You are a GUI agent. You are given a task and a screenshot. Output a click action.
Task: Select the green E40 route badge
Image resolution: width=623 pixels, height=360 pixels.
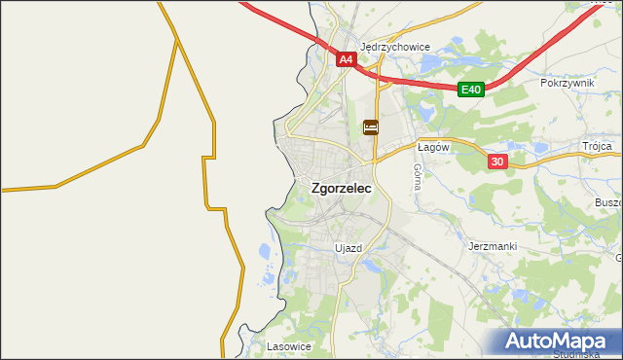pos(471,90)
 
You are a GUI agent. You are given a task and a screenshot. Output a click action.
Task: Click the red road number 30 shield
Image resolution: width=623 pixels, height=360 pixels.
pos(497,162)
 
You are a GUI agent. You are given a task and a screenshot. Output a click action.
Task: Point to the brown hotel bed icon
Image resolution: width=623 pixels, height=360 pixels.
pos(370,127)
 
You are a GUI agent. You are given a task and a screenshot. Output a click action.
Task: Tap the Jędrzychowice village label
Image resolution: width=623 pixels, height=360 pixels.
pos(395,46)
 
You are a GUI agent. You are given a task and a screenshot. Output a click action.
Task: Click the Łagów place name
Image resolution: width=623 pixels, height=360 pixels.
pos(431,147)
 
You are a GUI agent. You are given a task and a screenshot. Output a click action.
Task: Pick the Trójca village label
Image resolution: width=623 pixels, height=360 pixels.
pos(597,146)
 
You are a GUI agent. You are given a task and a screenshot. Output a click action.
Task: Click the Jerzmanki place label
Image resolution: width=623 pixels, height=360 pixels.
pos(492,246)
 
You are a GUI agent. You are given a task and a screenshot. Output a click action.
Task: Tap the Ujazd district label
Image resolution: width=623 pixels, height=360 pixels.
pos(348,248)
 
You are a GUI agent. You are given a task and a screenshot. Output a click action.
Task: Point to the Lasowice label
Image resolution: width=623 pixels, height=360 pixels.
pos(288,345)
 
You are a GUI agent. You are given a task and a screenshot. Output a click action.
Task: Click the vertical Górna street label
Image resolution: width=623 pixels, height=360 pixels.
pos(417,175)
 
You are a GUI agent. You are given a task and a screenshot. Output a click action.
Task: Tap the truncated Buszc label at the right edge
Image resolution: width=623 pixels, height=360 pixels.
pos(607,202)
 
